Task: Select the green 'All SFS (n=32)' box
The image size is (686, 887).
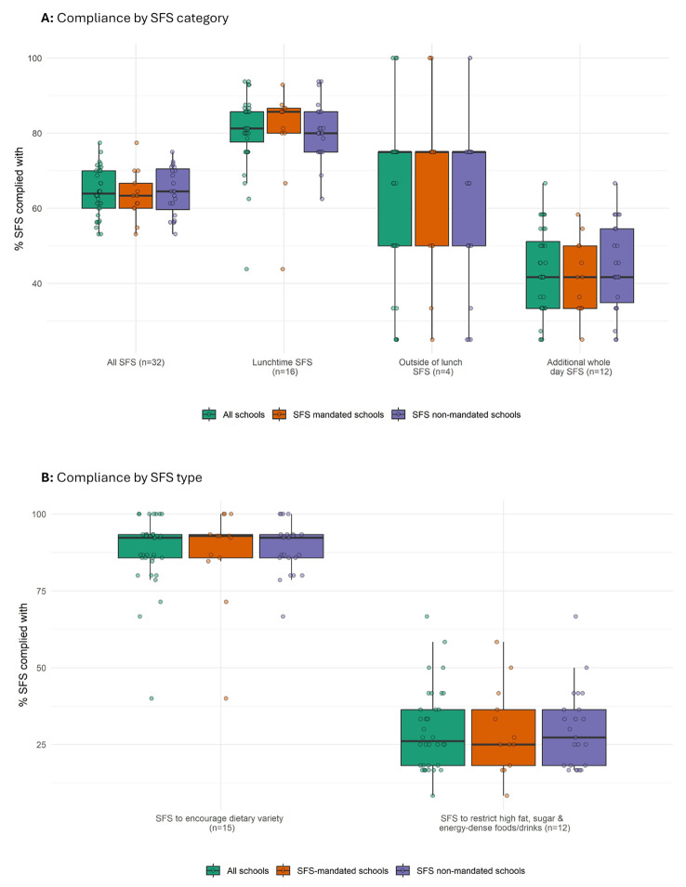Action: click(x=99, y=189)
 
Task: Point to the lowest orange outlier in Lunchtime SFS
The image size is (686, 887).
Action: click(x=283, y=269)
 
